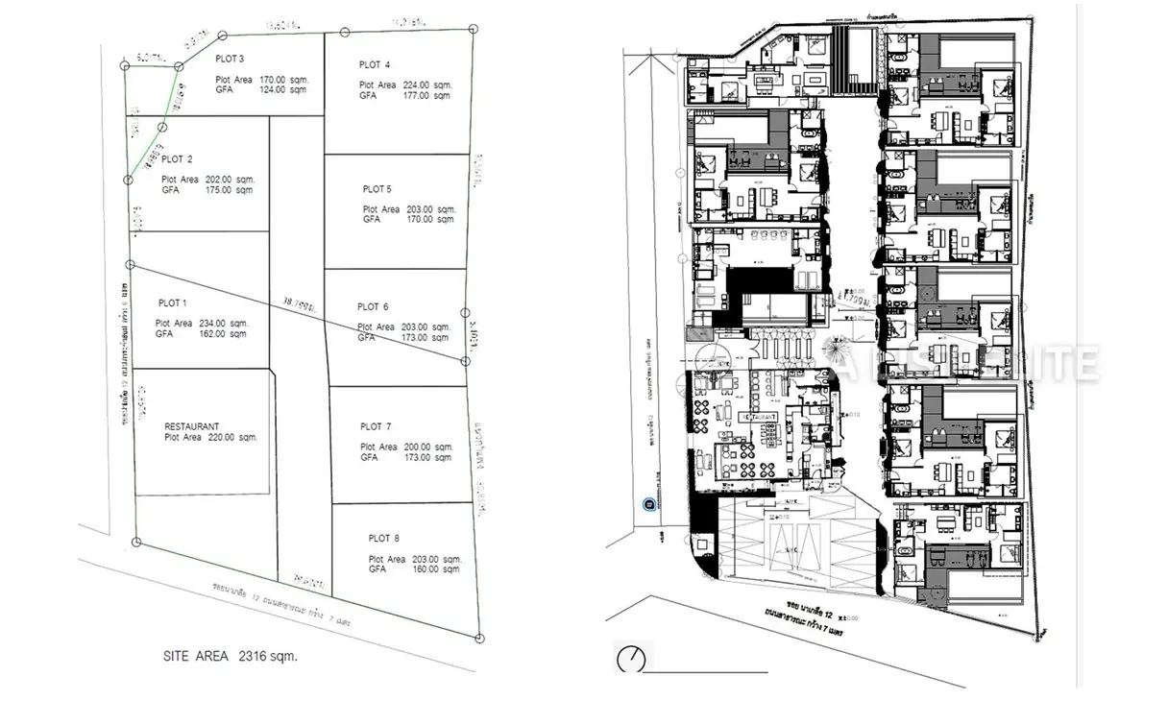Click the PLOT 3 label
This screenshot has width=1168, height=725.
(230, 60)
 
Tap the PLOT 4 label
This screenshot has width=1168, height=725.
(375, 65)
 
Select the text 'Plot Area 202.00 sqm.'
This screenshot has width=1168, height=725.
(207, 180)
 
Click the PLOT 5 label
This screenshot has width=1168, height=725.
(377, 189)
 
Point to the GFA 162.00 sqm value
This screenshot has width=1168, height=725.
(201, 334)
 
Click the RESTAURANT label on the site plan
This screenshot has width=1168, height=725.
(192, 426)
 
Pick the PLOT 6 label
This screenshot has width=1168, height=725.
(373, 307)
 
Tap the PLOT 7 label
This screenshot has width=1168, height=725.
(376, 426)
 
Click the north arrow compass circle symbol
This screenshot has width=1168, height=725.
(630, 659)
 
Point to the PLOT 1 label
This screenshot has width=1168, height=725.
(171, 302)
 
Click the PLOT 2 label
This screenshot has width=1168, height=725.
(177, 159)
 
